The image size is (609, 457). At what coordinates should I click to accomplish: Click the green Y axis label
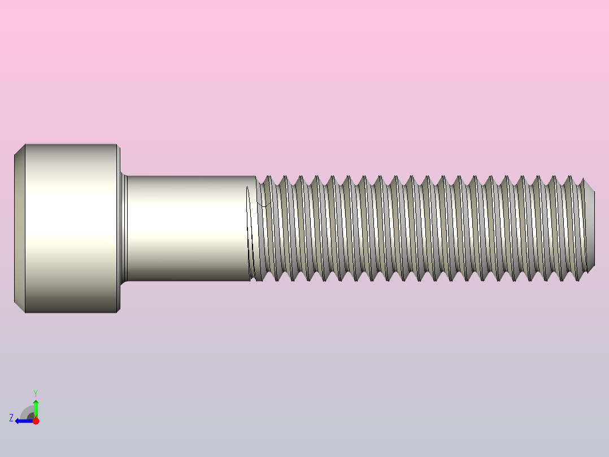coord(35,392)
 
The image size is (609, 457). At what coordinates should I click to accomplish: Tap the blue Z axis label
coord(11,418)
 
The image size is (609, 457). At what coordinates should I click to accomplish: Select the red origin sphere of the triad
coord(36,421)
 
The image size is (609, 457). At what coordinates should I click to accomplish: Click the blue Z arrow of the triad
coord(23,421)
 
